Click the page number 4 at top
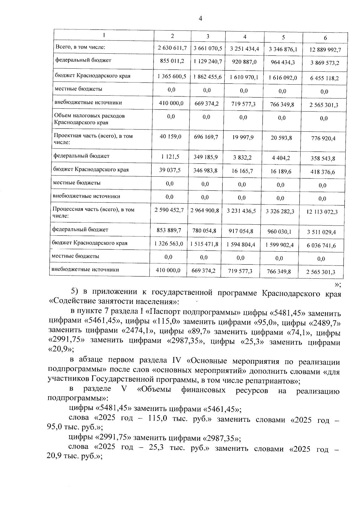[x=200, y=19]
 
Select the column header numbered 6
[x=325, y=38]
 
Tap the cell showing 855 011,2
[x=172, y=61]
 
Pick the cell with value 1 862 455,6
[x=208, y=77]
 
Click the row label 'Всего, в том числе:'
[x=80, y=47]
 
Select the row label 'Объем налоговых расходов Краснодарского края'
[x=89, y=119]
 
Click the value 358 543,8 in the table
[x=323, y=159]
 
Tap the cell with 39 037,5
[x=170, y=170]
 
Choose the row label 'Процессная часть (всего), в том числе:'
[x=93, y=213]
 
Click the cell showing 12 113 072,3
[x=322, y=212]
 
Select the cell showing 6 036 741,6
[x=321, y=246]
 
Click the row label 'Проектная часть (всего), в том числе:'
[x=93, y=139]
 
